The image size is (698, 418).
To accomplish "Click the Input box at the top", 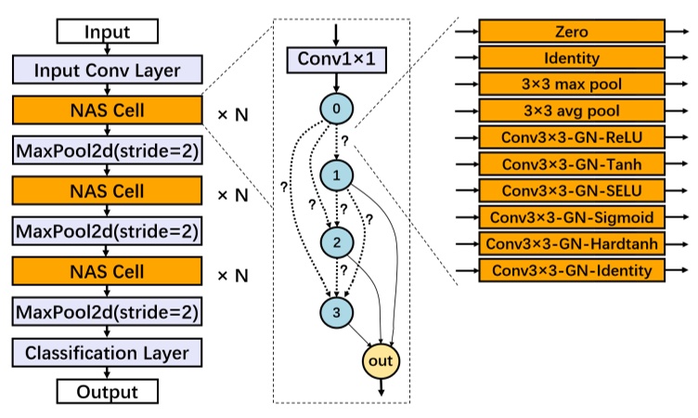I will click(x=107, y=32).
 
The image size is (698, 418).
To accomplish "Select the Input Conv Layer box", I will click(x=107, y=72).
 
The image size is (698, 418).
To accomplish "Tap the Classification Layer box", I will click(x=107, y=353).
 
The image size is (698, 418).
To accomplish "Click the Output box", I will click(x=107, y=391).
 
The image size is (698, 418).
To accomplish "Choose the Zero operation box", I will click(x=572, y=32).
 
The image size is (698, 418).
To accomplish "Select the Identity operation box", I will click(x=572, y=59).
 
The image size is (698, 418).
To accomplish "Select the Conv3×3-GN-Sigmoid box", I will click(x=572, y=218).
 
